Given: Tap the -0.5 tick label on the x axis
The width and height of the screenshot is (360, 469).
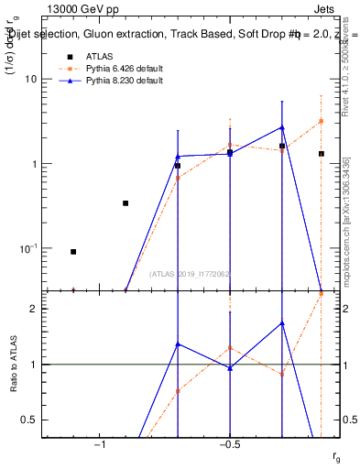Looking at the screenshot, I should pyautogui.click(x=228, y=445).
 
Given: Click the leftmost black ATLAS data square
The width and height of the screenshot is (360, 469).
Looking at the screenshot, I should pyautogui.click(x=73, y=251).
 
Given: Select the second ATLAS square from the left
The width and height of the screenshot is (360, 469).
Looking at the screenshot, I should pyautogui.click(x=125, y=203).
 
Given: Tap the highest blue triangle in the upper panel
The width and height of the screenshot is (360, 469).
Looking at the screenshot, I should pyautogui.click(x=282, y=127).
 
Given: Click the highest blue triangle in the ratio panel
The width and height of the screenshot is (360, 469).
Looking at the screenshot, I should pyautogui.click(x=282, y=323).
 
